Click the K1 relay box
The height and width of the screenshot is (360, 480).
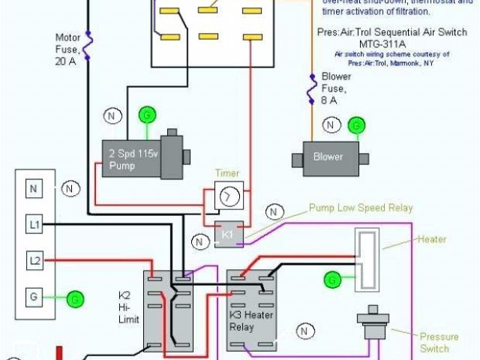point(226,234)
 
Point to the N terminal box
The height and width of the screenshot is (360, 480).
point(33,189)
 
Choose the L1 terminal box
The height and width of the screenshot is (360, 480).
point(33,224)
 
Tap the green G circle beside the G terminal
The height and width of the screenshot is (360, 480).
point(75,299)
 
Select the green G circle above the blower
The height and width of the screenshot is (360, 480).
point(358,124)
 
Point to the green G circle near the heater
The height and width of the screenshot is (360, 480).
point(331,280)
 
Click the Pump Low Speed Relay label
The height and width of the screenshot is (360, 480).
point(361,208)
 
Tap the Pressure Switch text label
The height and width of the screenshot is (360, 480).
point(433,343)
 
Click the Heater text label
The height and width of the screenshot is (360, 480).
point(431,239)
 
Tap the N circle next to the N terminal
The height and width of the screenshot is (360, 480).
point(70,188)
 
